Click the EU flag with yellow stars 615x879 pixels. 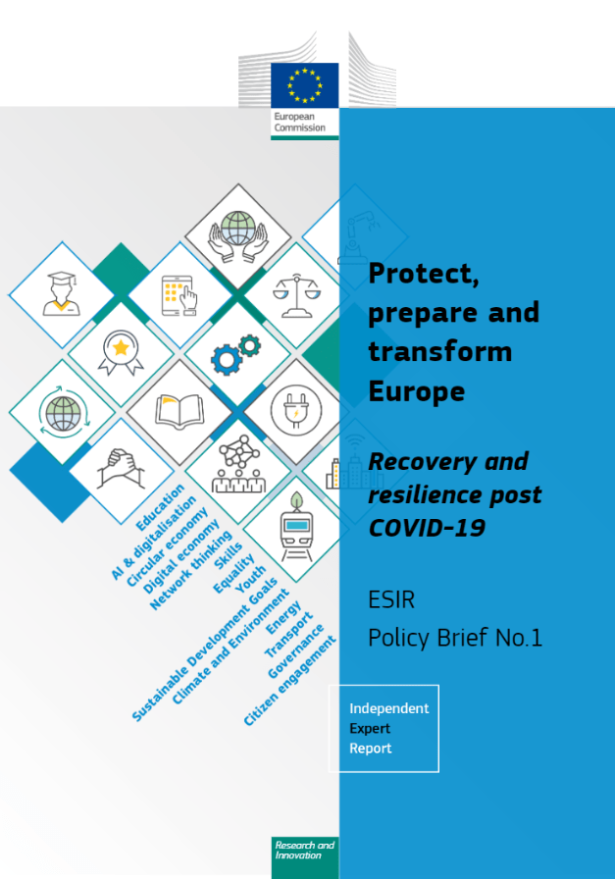click(x=304, y=85)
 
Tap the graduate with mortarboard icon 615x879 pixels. click(x=62, y=293)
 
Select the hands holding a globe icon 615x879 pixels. click(x=238, y=236)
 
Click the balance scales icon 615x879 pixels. click(x=296, y=295)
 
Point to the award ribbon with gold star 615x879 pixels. click(x=121, y=352)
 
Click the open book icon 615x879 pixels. click(x=179, y=411)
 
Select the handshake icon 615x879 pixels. click(x=121, y=469)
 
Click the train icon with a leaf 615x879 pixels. click(x=296, y=527)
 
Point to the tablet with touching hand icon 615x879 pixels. click(x=179, y=295)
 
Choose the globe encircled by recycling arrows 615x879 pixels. click(x=62, y=413)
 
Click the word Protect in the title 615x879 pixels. click(x=424, y=274)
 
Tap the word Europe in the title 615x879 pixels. click(x=417, y=391)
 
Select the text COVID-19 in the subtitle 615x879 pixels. click(x=427, y=528)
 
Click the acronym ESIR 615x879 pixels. click(x=391, y=599)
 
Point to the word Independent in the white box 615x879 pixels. click(x=389, y=708)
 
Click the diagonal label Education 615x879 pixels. click(x=160, y=507)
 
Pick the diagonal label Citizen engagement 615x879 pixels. click(x=289, y=681)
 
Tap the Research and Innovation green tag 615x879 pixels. click(x=305, y=857)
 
